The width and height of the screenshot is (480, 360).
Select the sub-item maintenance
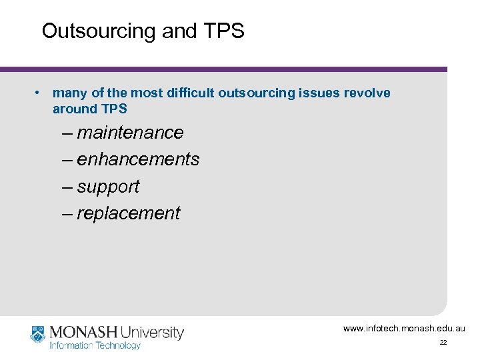point(130,133)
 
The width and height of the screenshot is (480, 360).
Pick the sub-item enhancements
point(138,159)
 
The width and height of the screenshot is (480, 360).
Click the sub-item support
point(108,187)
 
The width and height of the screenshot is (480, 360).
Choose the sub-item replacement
point(128,213)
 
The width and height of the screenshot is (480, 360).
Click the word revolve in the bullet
point(367,93)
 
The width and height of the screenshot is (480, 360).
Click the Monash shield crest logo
point(37,333)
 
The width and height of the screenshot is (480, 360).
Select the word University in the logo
point(153,332)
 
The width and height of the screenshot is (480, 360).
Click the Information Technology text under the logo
point(95,345)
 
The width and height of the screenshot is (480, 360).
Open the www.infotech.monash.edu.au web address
point(404,329)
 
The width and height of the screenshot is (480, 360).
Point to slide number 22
point(443,343)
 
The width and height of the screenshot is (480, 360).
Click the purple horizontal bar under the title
point(223,69)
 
